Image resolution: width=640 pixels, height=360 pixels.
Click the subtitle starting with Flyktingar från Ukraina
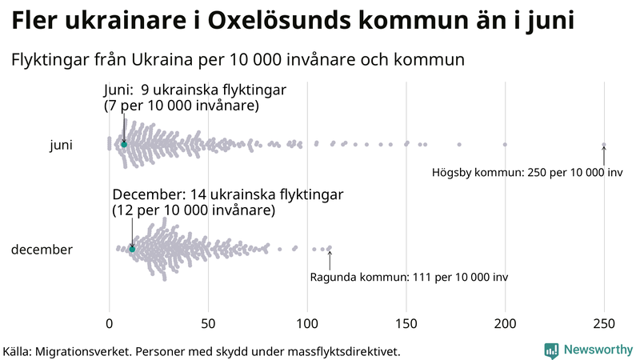coord(238,60)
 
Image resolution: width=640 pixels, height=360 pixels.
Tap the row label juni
coord(61,145)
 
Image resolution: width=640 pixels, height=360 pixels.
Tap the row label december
coord(42,250)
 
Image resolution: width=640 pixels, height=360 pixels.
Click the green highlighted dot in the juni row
coord(124,144)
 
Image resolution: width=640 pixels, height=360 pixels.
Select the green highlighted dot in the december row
coord(133,250)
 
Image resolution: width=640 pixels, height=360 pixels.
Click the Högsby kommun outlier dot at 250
coord(604,145)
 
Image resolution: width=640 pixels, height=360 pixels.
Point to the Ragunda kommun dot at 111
coord(330,248)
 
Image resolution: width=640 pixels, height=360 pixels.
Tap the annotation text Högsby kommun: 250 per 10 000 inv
coord(527,173)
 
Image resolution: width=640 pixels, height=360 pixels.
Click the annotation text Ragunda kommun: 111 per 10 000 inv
coord(409,277)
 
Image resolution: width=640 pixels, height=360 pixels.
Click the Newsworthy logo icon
coord(552,350)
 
